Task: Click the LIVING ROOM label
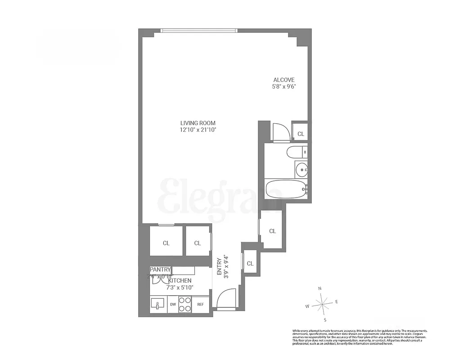point(198,123)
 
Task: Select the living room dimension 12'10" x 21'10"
point(198,130)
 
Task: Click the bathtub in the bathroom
point(285,189)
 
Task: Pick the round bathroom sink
point(301,169)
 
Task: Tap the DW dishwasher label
point(173,305)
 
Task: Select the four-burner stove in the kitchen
point(185,304)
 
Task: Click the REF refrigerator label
point(201,305)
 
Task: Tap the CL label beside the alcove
point(301,134)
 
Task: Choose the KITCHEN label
point(180,280)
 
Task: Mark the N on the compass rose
point(319,288)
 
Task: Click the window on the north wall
point(198,31)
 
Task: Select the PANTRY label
point(160,270)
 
